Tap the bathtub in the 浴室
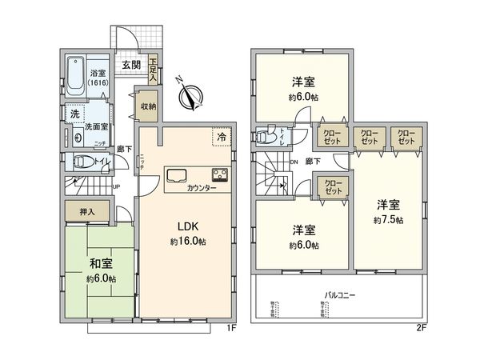coord(74,73)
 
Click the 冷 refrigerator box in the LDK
coord(220,138)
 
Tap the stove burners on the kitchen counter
coord(219,174)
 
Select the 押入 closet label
coord(88,212)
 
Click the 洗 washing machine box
coord(72,114)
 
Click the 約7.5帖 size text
coord(387,220)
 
